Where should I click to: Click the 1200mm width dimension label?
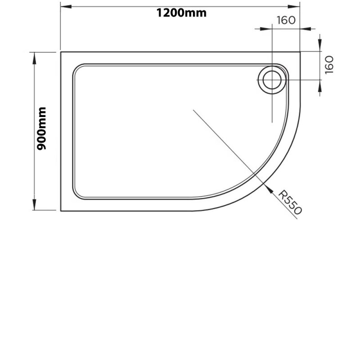181,13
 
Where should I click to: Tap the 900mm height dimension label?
41,129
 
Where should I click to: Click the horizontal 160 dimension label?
286,20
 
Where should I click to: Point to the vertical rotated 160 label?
329,65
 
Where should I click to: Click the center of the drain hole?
272,80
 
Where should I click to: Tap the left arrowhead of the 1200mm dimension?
66,6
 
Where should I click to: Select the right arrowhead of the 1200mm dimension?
294,6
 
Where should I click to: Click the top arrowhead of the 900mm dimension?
35,58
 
